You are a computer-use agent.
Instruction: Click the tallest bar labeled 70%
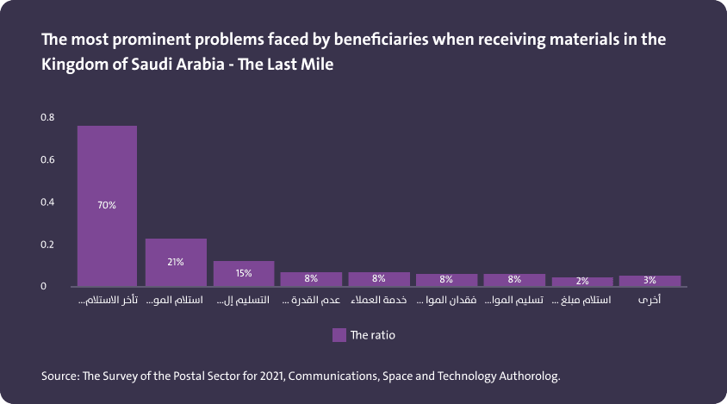(107, 206)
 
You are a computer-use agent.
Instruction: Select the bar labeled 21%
(176, 262)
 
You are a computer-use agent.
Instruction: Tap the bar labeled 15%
(244, 273)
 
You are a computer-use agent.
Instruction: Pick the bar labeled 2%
(582, 281)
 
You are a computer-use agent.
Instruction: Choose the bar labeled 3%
(649, 280)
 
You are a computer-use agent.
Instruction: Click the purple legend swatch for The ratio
(339, 335)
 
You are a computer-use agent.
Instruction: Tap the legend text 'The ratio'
(373, 335)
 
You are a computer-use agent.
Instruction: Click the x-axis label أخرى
(649, 301)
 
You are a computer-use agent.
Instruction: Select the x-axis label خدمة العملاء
(379, 301)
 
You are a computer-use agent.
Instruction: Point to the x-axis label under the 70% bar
(108, 301)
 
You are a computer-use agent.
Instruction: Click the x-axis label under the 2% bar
(582, 301)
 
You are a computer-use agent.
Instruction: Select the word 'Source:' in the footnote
(59, 376)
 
